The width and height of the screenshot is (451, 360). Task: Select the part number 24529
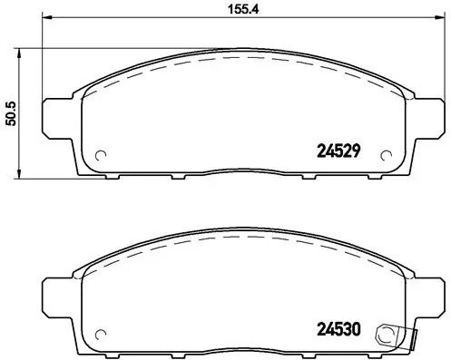click(339, 152)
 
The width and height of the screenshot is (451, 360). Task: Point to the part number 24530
click(339, 330)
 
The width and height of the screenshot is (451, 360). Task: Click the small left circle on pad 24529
click(100, 152)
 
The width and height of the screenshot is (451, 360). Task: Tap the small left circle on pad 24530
click(100, 330)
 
